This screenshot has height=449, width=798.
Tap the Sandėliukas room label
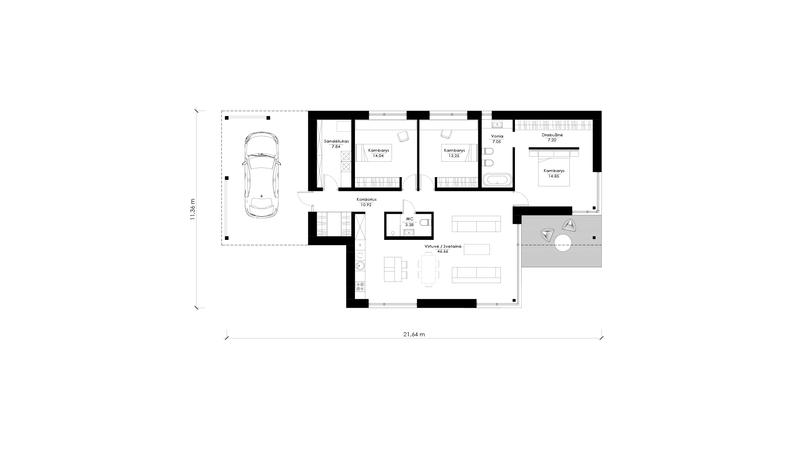[x=336, y=141]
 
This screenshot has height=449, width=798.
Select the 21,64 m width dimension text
[x=414, y=334]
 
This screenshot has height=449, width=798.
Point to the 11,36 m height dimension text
[x=192, y=209]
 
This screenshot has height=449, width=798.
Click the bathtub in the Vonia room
[x=498, y=180]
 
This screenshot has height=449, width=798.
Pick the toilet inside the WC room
[x=426, y=223]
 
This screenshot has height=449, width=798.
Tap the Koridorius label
[x=367, y=200]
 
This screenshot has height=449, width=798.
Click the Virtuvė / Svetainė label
[x=443, y=246]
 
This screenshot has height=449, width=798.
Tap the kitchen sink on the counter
[x=360, y=266]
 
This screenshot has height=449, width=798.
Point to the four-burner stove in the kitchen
[x=360, y=286]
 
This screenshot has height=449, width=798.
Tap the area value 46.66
[x=443, y=252]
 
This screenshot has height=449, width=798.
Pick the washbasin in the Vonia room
[x=497, y=124]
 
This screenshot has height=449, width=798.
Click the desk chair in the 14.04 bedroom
[x=403, y=136]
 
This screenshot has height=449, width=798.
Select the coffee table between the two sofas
[x=477, y=249]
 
